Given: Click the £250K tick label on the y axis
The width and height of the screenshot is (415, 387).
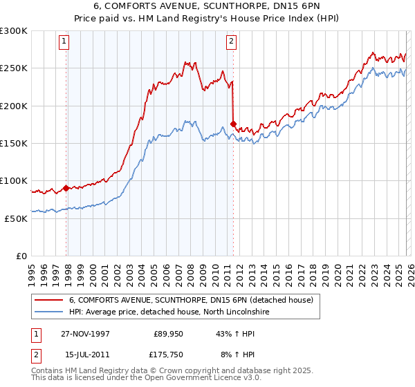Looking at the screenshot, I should tap(13, 68).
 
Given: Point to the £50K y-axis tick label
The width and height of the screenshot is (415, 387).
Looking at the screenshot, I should tap(15, 218).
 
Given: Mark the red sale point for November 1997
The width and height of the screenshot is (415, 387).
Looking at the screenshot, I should tap(66, 188).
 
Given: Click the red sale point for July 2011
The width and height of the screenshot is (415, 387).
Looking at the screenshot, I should tap(233, 124).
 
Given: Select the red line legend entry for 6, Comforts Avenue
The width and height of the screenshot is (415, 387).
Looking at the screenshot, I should tap(191, 300).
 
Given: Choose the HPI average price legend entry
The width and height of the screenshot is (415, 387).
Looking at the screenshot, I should tap(168, 312).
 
